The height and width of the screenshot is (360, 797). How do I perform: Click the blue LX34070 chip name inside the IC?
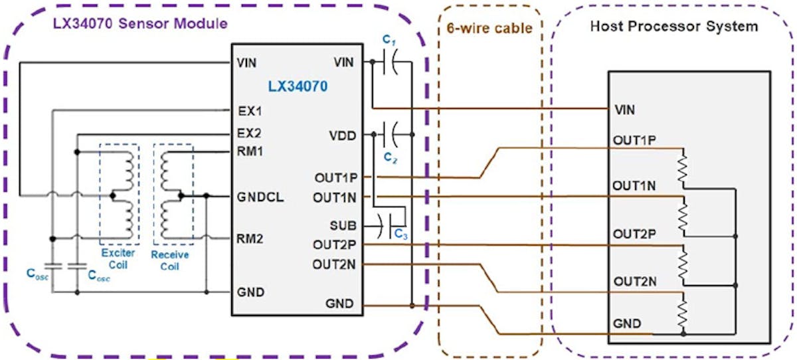[x=298, y=86]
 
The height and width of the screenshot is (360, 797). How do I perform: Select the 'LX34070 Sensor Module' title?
[x=140, y=24]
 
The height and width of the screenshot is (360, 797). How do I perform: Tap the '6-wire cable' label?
[x=489, y=29]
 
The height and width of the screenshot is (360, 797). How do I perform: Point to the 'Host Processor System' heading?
[x=673, y=27]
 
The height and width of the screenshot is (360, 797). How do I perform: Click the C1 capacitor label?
[x=389, y=41]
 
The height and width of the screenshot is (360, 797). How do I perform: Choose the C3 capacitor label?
[x=400, y=233]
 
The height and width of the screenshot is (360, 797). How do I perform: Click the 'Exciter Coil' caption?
[x=119, y=259]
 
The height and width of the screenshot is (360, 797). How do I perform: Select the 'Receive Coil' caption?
[x=170, y=260]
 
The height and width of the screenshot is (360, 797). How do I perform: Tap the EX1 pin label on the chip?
[x=248, y=110]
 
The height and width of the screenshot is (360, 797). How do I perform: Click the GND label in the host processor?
[x=628, y=324]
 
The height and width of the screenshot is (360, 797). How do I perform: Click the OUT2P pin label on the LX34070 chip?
[x=335, y=244]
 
